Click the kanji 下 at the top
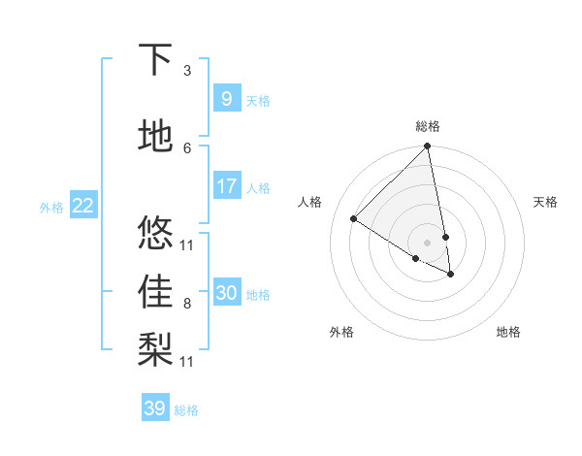pyautogui.click(x=156, y=60)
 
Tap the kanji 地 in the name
pyautogui.click(x=156, y=135)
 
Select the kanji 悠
pyautogui.click(x=156, y=233)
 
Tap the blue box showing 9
pyautogui.click(x=226, y=98)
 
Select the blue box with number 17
pyautogui.click(x=226, y=186)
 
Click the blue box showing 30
pyautogui.click(x=226, y=293)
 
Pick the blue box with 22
pyautogui.click(x=82, y=205)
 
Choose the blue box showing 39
pyautogui.click(x=154, y=408)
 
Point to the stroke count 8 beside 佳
pyautogui.click(x=186, y=304)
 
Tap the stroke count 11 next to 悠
pyautogui.click(x=187, y=244)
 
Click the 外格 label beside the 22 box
pyautogui.click(x=51, y=207)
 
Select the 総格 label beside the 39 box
pyautogui.click(x=186, y=410)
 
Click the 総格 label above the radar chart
pyautogui.click(x=428, y=126)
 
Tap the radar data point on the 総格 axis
pyautogui.click(x=428, y=147)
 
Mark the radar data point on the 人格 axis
pyautogui.click(x=354, y=219)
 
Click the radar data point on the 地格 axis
pyautogui.click(x=451, y=275)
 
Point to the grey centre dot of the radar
pyautogui.click(x=428, y=242)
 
